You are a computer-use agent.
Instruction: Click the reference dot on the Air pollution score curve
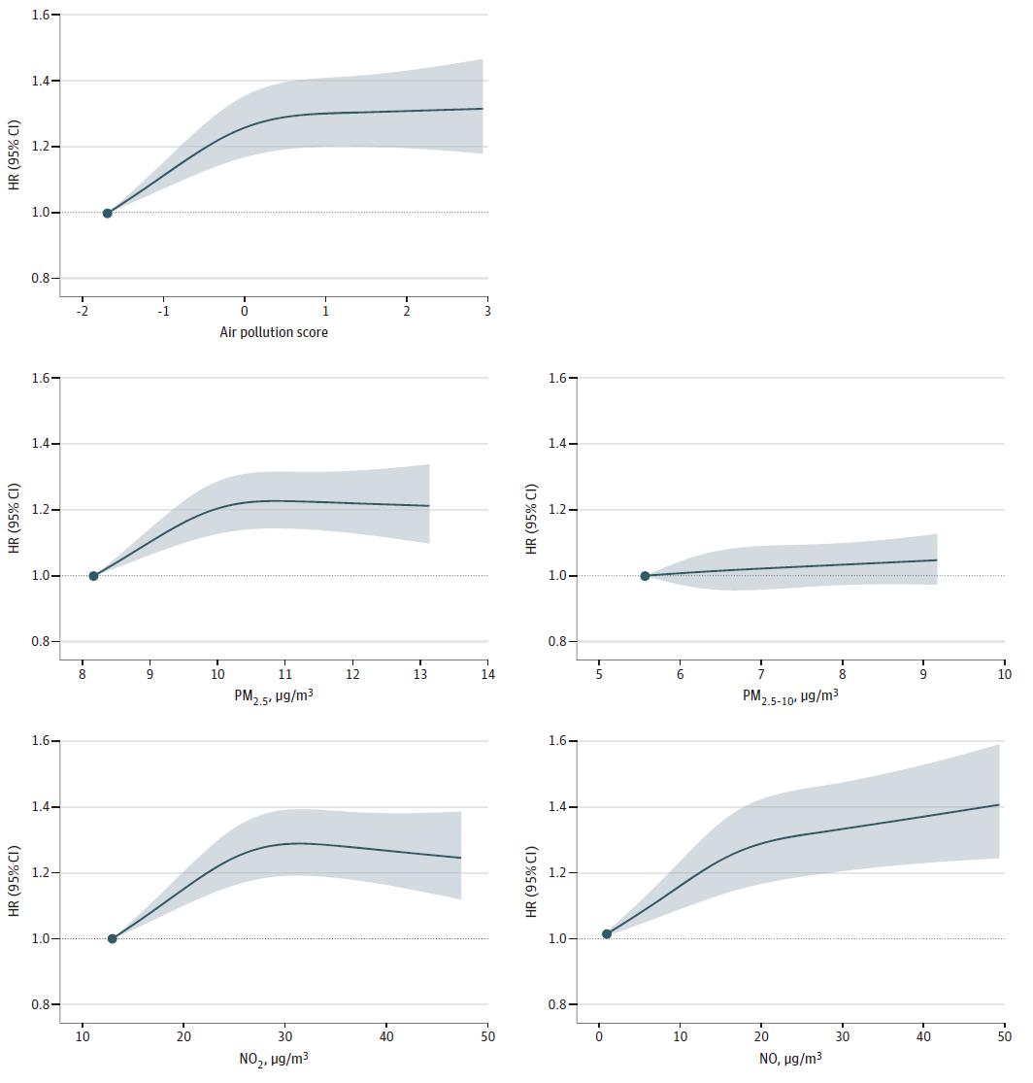click(107, 213)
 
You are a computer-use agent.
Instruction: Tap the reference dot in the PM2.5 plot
click(93, 576)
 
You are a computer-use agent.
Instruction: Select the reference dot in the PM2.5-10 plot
click(645, 576)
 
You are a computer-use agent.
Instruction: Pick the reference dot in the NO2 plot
click(112, 938)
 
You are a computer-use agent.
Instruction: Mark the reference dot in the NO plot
click(607, 933)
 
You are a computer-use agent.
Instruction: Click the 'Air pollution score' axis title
click(274, 332)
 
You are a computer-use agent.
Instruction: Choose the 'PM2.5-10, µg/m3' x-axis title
click(790, 695)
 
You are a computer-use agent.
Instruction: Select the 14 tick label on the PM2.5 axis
click(487, 675)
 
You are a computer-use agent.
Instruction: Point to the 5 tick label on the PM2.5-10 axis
click(598, 675)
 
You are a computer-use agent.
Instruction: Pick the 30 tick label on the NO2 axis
click(284, 1037)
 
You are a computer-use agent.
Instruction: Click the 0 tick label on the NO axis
click(599, 1037)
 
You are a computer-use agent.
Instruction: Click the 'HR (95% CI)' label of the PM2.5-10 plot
click(531, 520)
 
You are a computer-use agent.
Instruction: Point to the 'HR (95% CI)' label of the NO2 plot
click(15, 883)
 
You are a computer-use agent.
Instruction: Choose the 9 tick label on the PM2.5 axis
click(150, 675)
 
